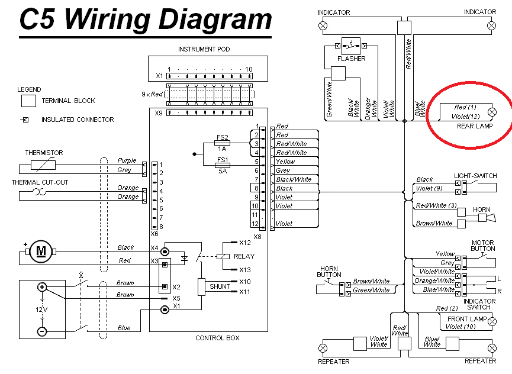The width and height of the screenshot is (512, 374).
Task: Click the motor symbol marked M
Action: pos(41,252)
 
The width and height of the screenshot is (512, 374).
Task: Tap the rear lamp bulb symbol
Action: pos(492,112)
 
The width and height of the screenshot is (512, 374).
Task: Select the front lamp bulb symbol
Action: pos(492,321)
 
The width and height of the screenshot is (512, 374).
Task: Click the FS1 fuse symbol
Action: pos(223,166)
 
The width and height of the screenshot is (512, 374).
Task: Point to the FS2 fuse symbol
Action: pos(223,143)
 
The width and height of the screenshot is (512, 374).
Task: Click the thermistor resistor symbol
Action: pos(43,165)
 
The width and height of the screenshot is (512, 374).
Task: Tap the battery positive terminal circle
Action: pos(42,287)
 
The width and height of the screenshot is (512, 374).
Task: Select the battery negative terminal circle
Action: pos(42,331)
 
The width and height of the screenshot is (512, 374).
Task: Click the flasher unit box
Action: pos(350,46)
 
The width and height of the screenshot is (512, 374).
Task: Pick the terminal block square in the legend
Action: pos(28,101)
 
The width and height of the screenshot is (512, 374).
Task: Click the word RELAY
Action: pos(244,256)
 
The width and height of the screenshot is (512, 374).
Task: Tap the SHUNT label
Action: pos(220,286)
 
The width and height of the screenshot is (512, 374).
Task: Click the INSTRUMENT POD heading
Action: pos(204,49)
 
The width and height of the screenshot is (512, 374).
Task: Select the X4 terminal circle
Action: pos(165,252)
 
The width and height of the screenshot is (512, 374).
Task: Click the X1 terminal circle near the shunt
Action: pos(165,309)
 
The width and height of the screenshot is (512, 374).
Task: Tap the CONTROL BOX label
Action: pos(217,338)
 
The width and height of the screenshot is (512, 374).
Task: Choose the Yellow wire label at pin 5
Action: pos(285,162)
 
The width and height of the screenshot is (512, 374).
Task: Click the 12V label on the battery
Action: pos(41,309)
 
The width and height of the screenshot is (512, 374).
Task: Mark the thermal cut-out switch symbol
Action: pos(40,192)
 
